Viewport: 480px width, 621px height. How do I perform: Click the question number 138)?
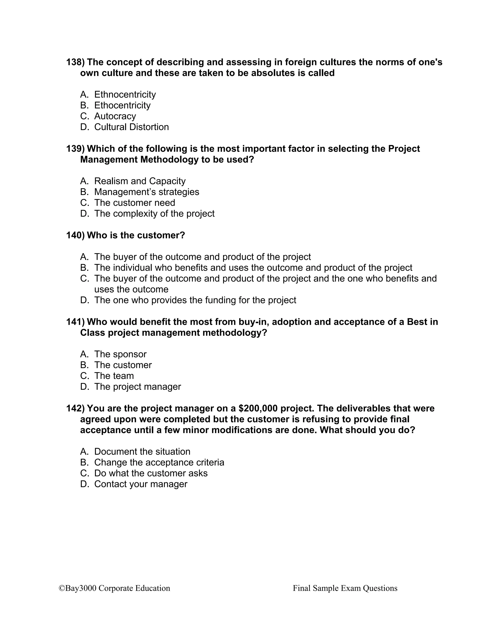pos(75,62)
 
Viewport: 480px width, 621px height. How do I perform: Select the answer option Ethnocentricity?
pos(125,94)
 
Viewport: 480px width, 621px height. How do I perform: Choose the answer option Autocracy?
pos(115,116)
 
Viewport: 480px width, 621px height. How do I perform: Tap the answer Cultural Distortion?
pos(131,127)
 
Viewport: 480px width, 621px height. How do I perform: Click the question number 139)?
pos(75,149)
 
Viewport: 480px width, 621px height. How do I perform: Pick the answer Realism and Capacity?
pos(140,181)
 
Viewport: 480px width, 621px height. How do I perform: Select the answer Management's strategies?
pos(146,192)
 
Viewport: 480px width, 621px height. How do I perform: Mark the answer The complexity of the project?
pos(154,213)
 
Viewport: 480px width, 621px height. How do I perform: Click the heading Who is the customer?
pos(136,235)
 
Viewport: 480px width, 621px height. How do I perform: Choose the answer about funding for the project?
pos(195,300)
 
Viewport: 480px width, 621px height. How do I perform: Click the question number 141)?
pos(75,322)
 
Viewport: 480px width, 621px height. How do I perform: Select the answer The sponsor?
pos(120,354)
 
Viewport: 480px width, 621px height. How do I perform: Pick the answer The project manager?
pos(137,387)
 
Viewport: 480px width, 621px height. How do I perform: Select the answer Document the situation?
pos(142,452)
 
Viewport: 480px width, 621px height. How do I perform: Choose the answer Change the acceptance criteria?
pos(159,462)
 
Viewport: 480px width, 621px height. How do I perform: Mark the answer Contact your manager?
pos(141,484)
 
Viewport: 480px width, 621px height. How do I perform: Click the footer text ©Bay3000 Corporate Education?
pos(114,588)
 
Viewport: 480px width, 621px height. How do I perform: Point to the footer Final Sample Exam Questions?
pos(345,588)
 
